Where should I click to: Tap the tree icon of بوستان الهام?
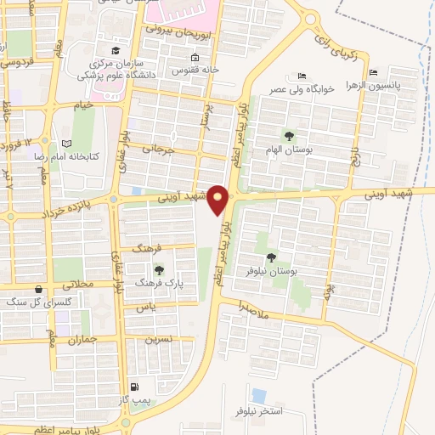pyautogui.click(x=289, y=135)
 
